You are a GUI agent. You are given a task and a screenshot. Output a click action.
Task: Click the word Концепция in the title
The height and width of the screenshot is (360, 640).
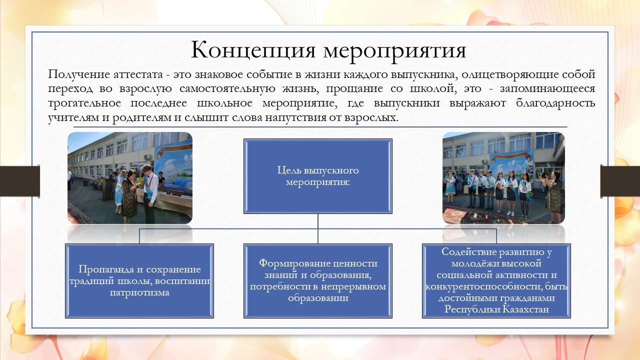(253, 50)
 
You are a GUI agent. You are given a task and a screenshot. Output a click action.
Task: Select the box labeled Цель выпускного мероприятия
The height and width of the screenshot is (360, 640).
(317, 176)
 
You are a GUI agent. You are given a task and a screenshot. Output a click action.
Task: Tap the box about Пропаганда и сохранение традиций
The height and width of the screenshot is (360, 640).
(139, 281)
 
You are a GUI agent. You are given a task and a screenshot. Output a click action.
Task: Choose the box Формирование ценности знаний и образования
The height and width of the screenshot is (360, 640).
(317, 281)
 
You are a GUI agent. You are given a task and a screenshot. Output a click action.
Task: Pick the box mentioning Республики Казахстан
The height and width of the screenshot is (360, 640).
(496, 281)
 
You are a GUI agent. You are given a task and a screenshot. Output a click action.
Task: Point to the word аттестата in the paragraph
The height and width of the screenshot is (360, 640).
(138, 74)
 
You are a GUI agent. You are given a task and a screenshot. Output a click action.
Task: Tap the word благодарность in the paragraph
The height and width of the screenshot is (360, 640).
(555, 103)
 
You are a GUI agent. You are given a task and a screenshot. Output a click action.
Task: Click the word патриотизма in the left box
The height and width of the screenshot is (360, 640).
(139, 292)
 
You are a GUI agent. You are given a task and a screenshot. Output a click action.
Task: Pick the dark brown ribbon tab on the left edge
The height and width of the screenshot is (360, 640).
(19, 181)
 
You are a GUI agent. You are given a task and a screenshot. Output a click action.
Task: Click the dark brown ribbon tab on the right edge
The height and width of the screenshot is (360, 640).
(620, 181)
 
